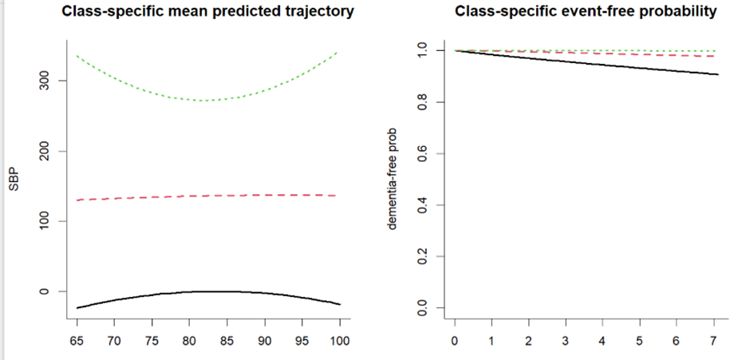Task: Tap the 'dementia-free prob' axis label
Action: point(393,179)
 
